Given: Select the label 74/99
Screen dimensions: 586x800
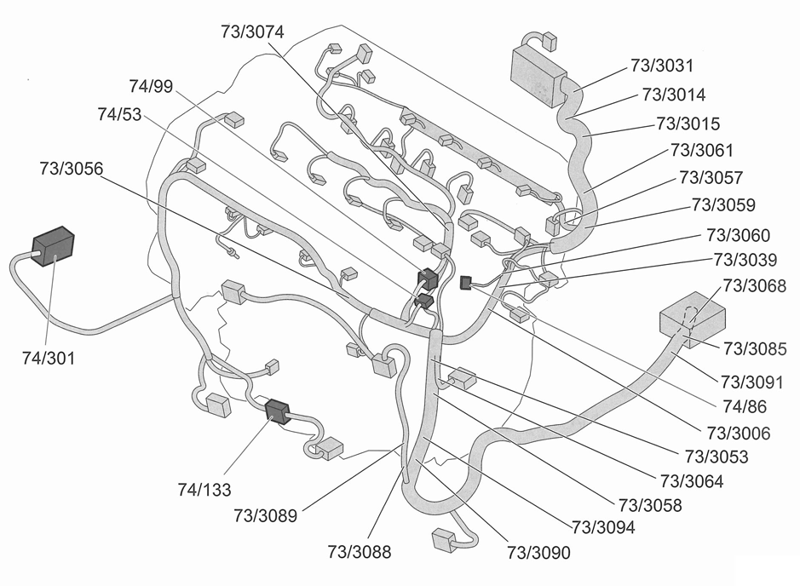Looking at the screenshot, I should pos(153,86).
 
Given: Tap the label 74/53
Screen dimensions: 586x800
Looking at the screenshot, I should pos(120,114).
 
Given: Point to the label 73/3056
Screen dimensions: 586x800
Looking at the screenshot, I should pos(71,169).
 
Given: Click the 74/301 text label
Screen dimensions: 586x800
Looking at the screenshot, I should pos(49,359).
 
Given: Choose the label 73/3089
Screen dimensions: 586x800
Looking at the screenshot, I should pos(265,514).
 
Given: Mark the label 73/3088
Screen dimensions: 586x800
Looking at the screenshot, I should pos(360,552).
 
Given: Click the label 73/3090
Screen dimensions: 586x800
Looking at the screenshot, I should pos(538,552).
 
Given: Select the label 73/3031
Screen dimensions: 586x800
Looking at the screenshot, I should pos(662,65).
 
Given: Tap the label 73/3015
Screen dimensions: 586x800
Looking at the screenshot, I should pos(688,124).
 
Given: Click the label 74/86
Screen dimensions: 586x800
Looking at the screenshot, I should pos(744,407).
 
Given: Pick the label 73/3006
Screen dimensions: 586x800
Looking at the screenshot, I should pos(738,434).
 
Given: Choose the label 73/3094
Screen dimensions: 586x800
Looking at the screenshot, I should pos(603,527).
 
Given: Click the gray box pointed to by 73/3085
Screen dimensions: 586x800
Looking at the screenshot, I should pos(692,319).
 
